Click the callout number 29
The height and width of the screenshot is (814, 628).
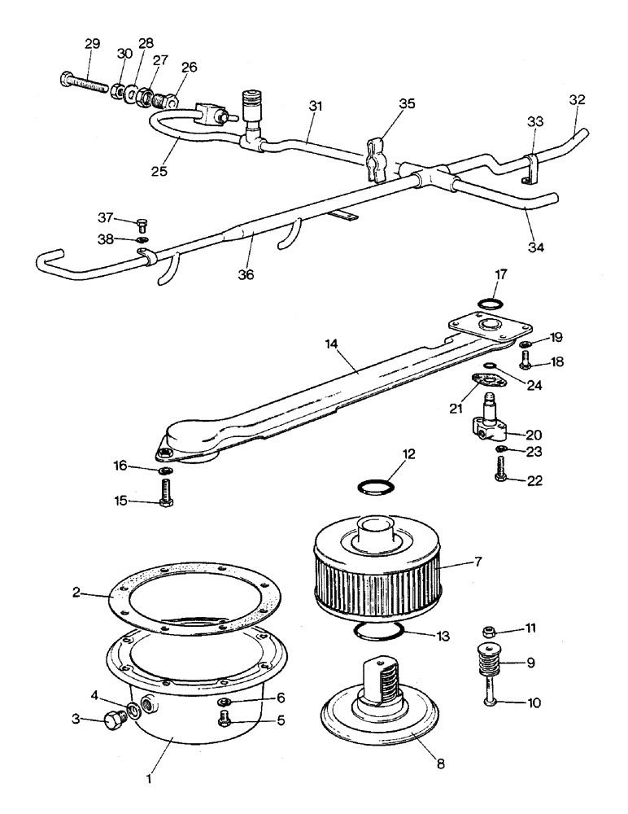92,44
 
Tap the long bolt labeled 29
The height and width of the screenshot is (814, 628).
85,82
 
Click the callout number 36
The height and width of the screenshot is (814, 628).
246,275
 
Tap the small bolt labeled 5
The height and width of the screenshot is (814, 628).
225,718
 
